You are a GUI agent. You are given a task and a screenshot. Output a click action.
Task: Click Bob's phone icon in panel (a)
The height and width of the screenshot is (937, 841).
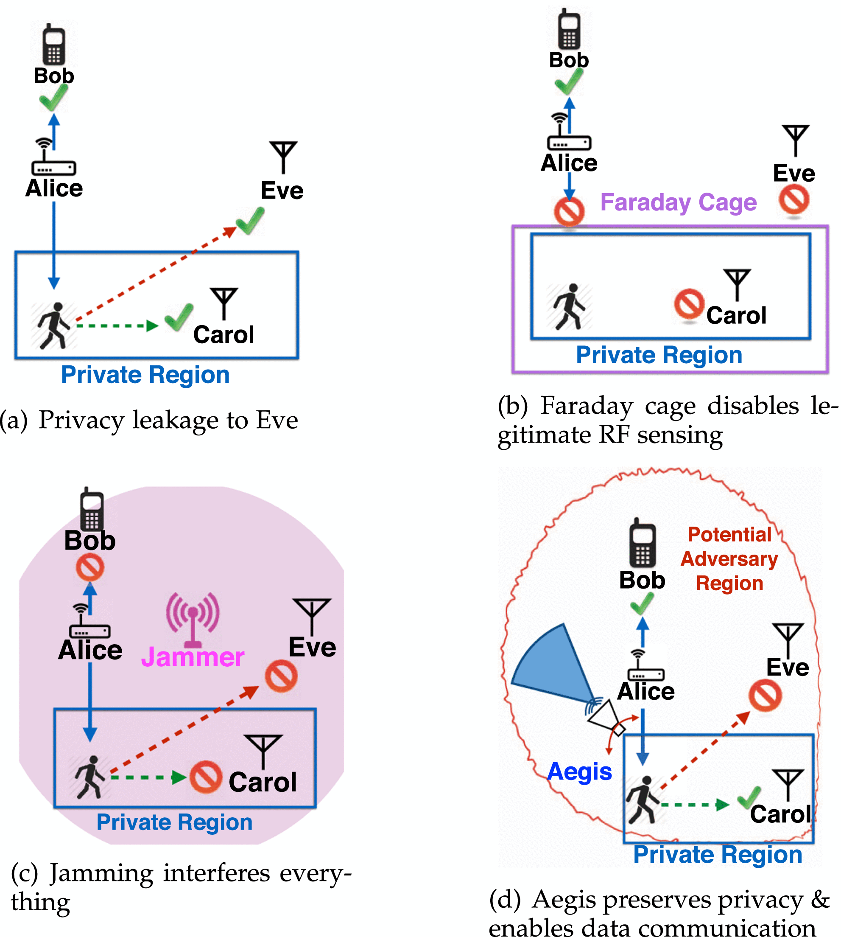pos(53,45)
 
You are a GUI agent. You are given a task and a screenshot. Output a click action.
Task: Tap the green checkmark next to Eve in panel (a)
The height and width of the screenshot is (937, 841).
pos(251,221)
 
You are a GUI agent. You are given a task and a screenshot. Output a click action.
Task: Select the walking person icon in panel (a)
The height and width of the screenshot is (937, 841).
pos(53,325)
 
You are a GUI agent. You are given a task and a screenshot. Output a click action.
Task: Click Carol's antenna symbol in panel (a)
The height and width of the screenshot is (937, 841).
pos(224,303)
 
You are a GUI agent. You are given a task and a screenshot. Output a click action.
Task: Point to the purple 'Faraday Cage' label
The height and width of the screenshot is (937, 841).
pos(678,202)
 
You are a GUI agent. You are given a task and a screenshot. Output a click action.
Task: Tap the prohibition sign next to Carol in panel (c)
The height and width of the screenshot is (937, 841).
pos(206,777)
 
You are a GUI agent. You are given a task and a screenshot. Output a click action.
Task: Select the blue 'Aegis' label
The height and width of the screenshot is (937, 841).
pos(579,771)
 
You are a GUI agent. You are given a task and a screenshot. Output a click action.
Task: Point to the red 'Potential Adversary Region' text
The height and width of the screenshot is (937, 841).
pos(729,558)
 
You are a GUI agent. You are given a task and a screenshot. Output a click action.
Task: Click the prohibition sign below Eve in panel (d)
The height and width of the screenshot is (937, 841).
pos(765,695)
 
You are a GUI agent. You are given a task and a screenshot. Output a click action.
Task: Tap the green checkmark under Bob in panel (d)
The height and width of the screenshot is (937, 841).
pos(642,603)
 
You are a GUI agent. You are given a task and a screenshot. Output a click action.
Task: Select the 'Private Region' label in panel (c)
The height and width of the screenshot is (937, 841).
pos(174,823)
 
